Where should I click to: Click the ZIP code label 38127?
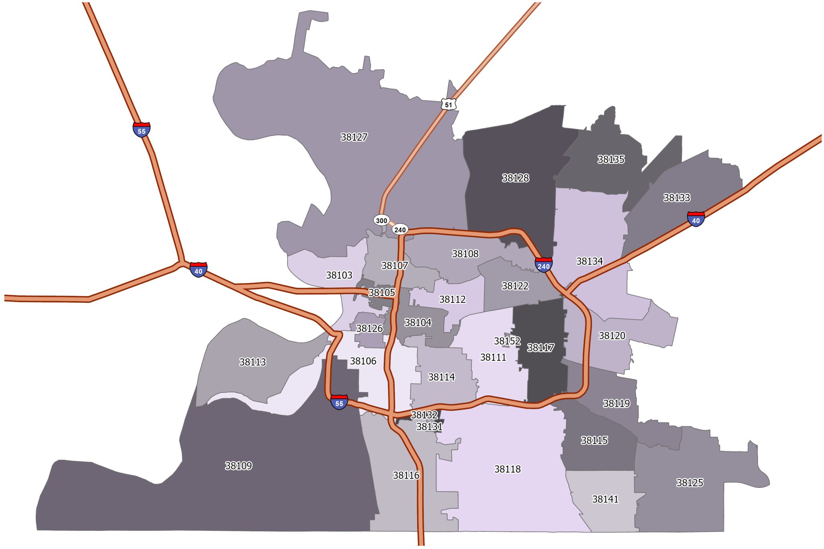pyautogui.click(x=354, y=137)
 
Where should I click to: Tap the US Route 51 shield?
pyautogui.click(x=448, y=105)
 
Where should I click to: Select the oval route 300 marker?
pyautogui.click(x=381, y=220)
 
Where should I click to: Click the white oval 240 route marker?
pyautogui.click(x=400, y=230)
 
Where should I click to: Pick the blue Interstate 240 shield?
pyautogui.click(x=544, y=265)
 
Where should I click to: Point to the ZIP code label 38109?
pyautogui.click(x=239, y=466)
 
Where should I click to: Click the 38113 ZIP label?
pyautogui.click(x=253, y=362)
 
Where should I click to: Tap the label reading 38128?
pyautogui.click(x=515, y=178)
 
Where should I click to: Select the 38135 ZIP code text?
pyautogui.click(x=611, y=159)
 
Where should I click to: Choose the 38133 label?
pyautogui.click(x=677, y=197)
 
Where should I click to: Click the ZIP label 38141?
pyautogui.click(x=605, y=499)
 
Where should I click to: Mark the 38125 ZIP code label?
pyautogui.click(x=690, y=483)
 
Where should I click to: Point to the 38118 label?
pyautogui.click(x=507, y=469)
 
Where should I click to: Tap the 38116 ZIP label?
pyautogui.click(x=406, y=475)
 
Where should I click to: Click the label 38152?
pyautogui.click(x=507, y=341)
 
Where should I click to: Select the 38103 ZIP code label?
pyautogui.click(x=339, y=275)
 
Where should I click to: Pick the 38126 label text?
pyautogui.click(x=369, y=329)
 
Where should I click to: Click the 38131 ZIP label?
pyautogui.click(x=429, y=427)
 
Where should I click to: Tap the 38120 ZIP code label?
pyautogui.click(x=612, y=335)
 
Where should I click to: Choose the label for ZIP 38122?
pyautogui.click(x=515, y=286)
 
